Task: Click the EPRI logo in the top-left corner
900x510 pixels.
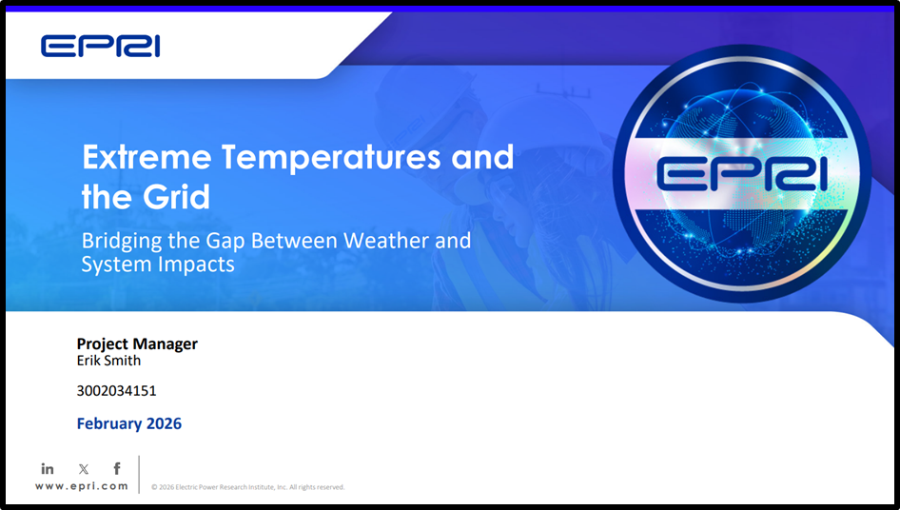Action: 100,45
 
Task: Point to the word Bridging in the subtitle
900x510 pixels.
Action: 121,241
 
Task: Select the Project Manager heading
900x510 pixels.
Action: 137,343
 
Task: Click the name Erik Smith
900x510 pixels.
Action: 108,361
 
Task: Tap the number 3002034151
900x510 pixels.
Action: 116,390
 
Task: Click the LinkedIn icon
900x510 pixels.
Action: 48,468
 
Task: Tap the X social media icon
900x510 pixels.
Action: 83,468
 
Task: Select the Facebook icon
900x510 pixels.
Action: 117,468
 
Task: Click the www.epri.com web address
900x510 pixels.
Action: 82,485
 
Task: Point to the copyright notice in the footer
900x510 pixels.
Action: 247,487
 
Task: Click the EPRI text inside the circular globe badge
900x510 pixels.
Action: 742,173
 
